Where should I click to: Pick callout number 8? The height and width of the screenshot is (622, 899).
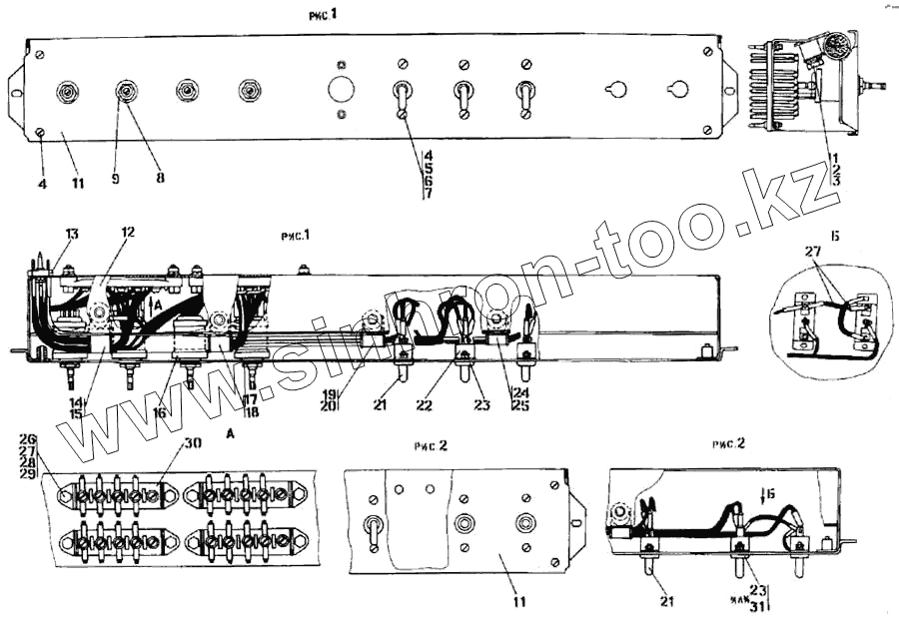(x=160, y=178)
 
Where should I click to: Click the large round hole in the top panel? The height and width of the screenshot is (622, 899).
(x=342, y=89)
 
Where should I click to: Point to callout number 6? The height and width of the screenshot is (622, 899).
(x=428, y=181)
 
